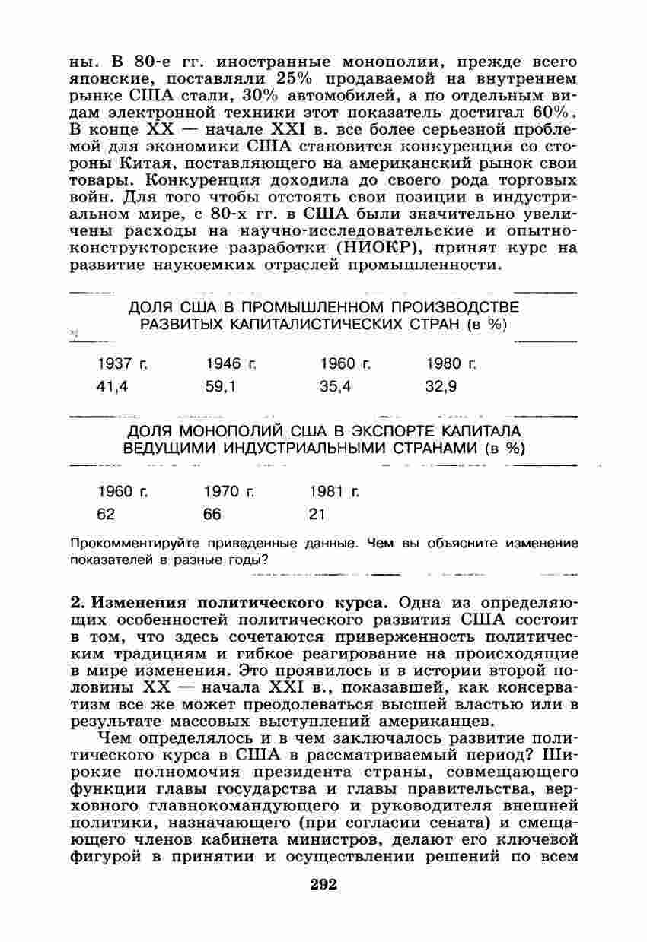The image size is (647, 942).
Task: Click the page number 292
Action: [323, 884]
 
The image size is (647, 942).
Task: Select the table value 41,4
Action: [113, 386]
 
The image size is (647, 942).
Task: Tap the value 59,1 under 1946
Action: [221, 386]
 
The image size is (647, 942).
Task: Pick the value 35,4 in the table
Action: [335, 386]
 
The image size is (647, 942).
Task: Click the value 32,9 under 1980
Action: [441, 386]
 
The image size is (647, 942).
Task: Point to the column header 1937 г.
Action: [123, 364]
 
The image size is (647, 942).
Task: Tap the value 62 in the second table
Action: [106, 515]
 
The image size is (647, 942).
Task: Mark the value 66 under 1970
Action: [212, 515]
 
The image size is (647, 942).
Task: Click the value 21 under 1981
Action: [317, 515]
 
